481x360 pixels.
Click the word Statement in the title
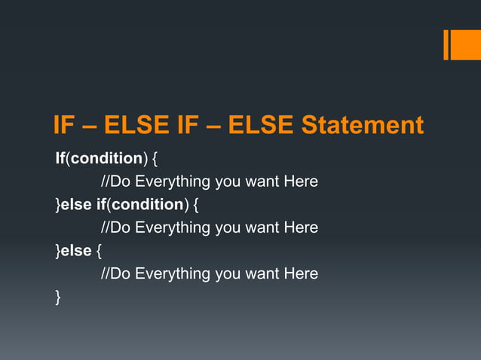[x=363, y=125]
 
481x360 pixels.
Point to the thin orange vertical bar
[x=446, y=44]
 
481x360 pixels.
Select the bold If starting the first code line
[x=60, y=159]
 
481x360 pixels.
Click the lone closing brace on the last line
[x=58, y=297]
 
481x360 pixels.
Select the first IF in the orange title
[x=65, y=125]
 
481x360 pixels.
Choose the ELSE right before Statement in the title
[x=261, y=125]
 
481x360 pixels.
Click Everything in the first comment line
[x=172, y=182]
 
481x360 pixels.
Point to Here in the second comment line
[x=301, y=227]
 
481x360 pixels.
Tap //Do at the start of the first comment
[x=115, y=182]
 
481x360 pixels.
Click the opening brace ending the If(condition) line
[x=155, y=160]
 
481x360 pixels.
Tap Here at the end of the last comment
[x=301, y=273]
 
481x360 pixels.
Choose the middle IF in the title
[x=188, y=125]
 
